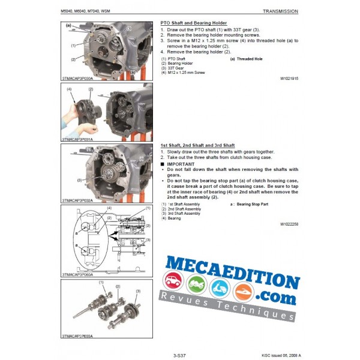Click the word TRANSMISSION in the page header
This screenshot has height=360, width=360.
pos(280,11)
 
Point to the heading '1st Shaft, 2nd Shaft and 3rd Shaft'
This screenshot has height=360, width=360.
pos(197,146)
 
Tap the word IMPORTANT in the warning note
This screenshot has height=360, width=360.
pos(182,164)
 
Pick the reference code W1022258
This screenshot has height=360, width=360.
pos(289,223)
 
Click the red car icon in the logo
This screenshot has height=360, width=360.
pos(172,282)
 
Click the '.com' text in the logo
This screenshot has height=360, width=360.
pos(277,281)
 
